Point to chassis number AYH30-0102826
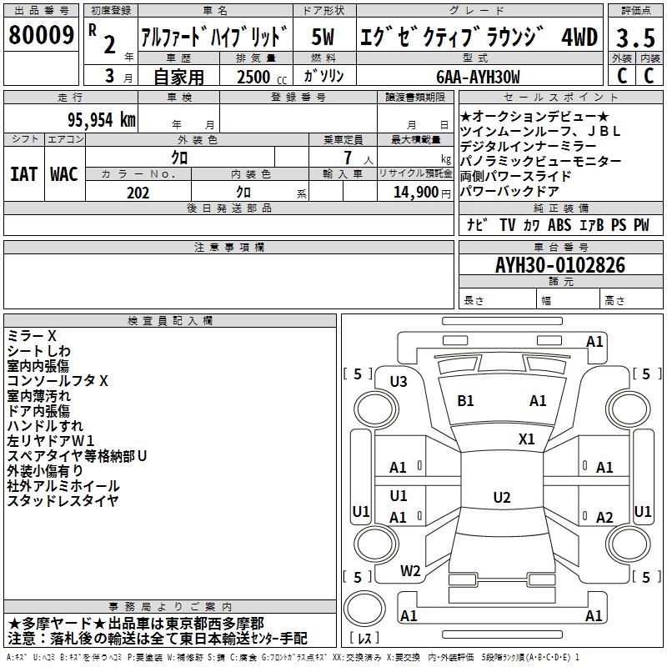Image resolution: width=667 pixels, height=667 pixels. [559, 265]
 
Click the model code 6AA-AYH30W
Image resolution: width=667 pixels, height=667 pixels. [478, 77]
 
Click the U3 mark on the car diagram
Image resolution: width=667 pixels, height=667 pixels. [399, 382]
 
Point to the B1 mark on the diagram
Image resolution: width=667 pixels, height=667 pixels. [465, 401]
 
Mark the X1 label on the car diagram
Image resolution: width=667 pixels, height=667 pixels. [526, 439]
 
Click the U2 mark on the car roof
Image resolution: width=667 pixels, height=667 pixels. [501, 498]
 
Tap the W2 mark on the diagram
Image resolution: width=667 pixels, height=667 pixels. [410, 571]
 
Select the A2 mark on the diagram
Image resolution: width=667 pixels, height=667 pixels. [604, 518]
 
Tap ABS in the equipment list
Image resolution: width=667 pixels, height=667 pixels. [559, 225]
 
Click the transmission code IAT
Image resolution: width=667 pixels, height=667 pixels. [23, 173]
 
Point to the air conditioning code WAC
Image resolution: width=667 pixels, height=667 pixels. [64, 173]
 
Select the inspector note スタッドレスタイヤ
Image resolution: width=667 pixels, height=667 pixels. [63, 501]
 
